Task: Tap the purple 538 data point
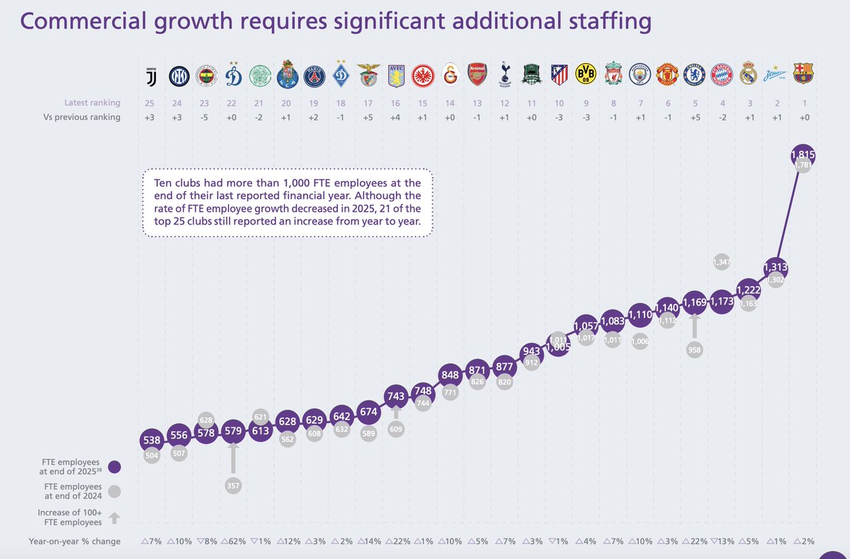(152, 440)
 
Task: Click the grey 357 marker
(232, 485)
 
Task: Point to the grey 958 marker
(694, 350)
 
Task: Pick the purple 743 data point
(395, 395)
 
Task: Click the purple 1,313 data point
(776, 267)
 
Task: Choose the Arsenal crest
(477, 74)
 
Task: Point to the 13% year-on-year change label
(722, 542)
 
